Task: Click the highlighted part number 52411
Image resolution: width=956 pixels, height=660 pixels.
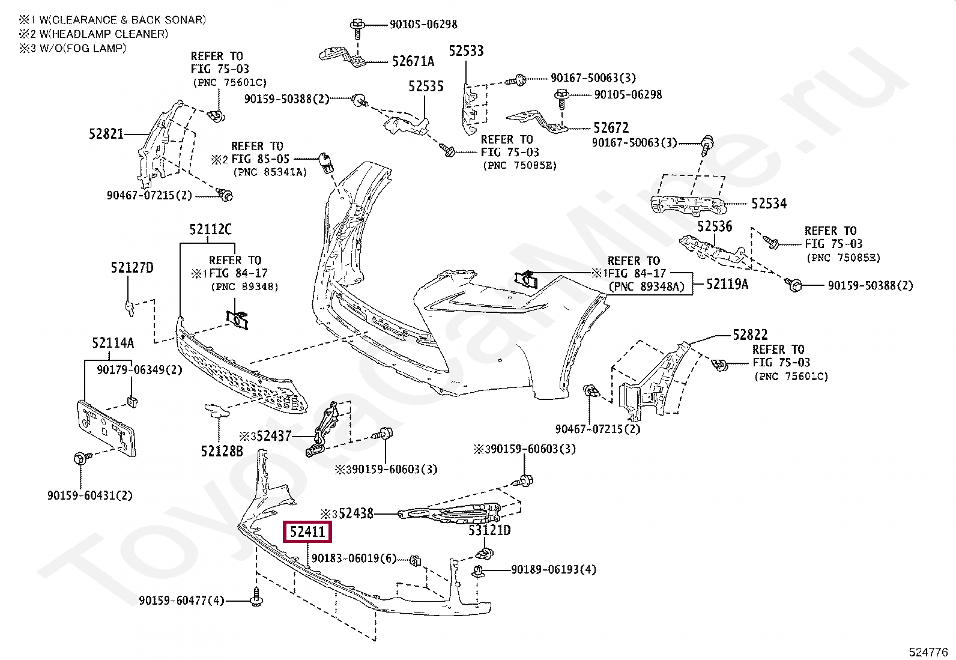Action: coord(307,531)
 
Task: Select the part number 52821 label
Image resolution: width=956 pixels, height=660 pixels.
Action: coord(106,133)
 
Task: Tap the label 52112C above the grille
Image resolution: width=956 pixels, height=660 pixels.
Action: coord(210,229)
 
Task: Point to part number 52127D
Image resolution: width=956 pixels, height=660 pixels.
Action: coord(132,268)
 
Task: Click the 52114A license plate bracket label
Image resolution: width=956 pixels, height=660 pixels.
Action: coord(113,343)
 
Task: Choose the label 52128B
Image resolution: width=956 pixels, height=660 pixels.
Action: coord(222,451)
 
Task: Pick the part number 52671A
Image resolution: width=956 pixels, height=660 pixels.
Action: coord(413,61)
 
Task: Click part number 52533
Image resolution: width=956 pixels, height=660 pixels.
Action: coord(466,51)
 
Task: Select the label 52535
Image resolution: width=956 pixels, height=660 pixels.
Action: coord(426,86)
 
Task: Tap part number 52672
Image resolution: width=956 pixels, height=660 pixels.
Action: coord(611,127)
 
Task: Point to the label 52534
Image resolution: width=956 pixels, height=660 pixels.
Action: coord(769,204)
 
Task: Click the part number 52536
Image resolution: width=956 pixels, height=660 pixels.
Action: coord(715,226)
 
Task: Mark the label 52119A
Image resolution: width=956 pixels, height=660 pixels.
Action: coord(727,284)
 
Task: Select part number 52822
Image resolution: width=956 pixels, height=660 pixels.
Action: coord(750,335)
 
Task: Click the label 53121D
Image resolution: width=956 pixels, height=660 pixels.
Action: coord(489,530)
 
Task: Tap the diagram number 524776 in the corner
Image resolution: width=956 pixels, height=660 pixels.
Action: coord(928,652)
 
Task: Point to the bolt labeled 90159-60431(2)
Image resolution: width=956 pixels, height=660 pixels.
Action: coord(80,459)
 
